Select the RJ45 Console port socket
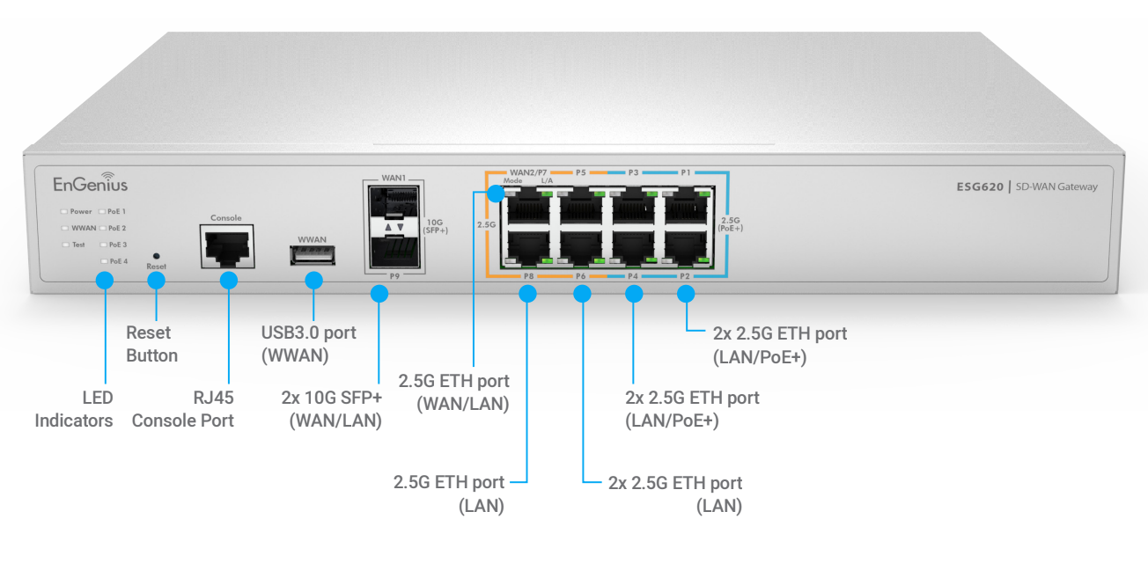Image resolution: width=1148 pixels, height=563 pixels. (226, 245)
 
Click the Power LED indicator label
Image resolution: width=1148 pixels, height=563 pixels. (80, 212)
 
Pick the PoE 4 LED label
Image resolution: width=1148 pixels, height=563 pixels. (117, 261)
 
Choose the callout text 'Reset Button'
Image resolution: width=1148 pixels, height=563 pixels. (151, 344)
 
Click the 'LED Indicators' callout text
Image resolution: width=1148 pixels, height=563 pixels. (74, 409)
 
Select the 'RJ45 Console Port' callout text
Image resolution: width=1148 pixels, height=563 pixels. (183, 409)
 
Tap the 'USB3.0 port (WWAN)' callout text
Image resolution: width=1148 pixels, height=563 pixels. (309, 344)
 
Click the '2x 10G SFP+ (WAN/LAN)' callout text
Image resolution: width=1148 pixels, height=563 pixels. (331, 409)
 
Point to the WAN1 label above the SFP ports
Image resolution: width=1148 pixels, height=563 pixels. (394, 179)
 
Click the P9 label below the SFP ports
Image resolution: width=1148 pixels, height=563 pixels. (394, 275)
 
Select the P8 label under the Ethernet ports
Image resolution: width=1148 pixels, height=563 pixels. (528, 276)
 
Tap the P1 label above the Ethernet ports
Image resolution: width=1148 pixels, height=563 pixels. (686, 172)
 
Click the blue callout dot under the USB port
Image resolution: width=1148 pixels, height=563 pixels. (313, 281)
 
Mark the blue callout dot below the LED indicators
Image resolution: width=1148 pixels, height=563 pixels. (104, 281)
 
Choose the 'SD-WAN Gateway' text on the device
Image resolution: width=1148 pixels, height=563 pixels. (1056, 186)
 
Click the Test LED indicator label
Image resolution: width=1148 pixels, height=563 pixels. (78, 245)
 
